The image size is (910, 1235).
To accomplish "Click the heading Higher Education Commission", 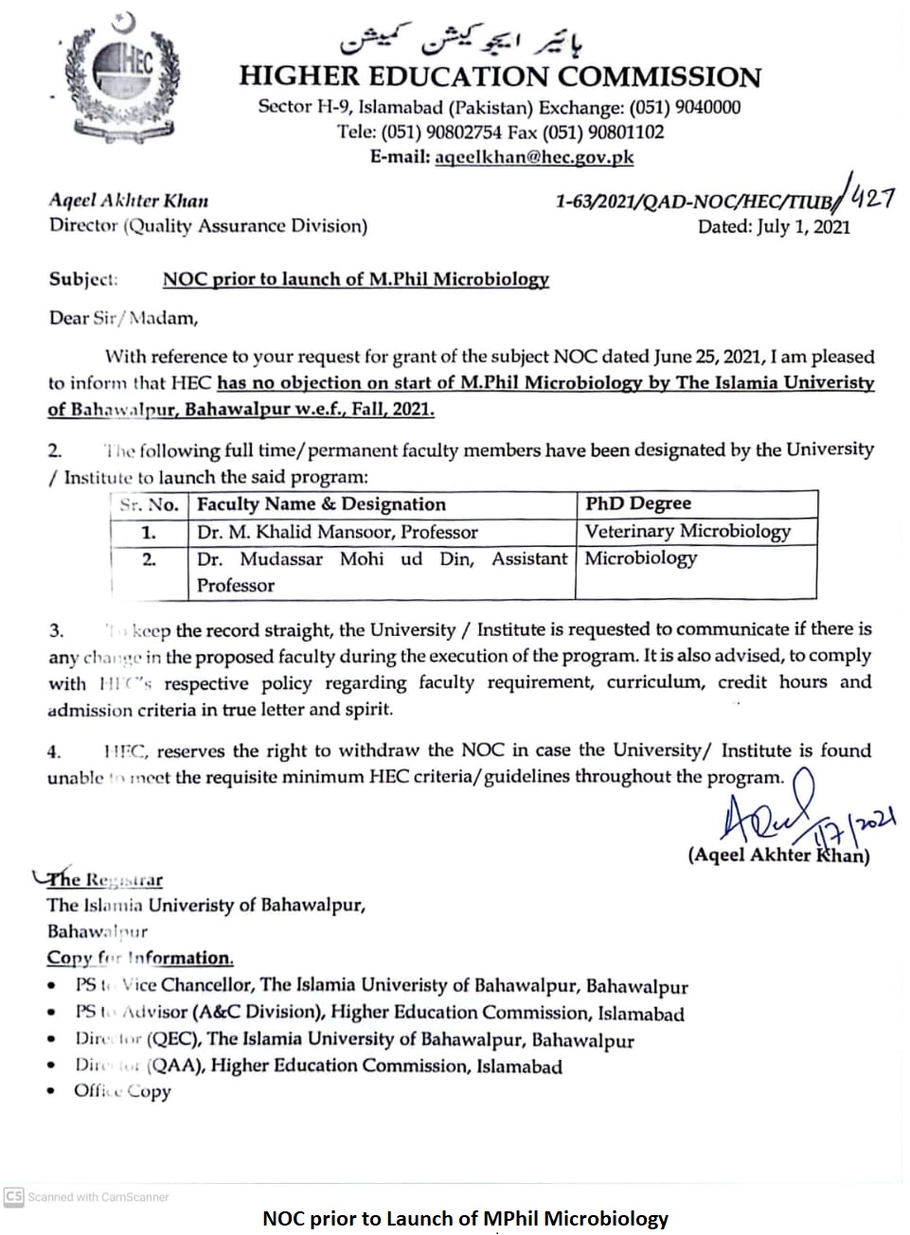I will point(500,77).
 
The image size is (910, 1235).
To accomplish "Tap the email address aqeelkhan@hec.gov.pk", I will point(534,157).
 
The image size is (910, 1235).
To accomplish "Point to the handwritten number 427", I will point(871,198).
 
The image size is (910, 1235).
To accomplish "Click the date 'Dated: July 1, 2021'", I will point(774,227).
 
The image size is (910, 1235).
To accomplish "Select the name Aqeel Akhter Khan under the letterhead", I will point(129,201).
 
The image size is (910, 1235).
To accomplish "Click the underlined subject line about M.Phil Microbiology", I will point(356,279).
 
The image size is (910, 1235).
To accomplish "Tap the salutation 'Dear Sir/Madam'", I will point(124,318).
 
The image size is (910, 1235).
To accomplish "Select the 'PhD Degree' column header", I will point(638,503).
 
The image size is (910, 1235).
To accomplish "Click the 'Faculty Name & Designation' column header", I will point(321,504).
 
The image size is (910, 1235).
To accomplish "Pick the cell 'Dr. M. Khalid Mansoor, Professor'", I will point(337,532).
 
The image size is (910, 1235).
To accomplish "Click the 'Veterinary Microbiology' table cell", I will point(687,531).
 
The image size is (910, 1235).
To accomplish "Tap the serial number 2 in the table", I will point(149,559).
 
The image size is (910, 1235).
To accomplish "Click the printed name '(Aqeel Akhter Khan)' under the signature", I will point(778,855).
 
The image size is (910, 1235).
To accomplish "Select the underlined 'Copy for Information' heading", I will point(140,958).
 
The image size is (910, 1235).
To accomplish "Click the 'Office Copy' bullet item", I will point(122,1091).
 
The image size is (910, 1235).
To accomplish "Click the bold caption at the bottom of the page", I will point(465,1219).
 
